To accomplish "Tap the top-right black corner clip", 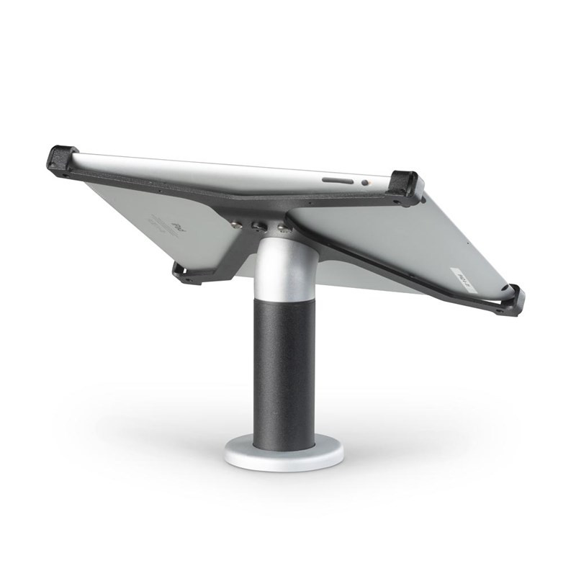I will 406,186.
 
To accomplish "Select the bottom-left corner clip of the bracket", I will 186,273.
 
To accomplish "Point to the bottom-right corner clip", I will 511,299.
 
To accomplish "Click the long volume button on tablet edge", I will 337,180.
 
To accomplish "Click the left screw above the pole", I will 237,223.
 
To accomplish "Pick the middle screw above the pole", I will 258,226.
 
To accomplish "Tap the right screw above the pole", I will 283,230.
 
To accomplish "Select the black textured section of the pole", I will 283,367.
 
